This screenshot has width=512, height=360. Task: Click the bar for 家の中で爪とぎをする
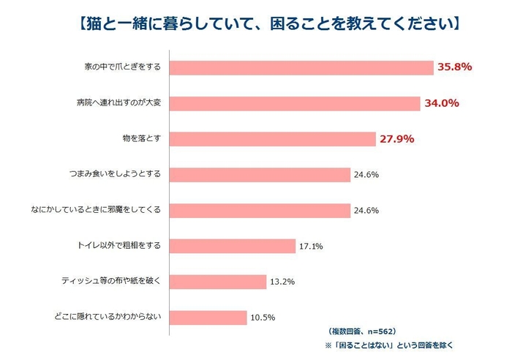coord(301,67)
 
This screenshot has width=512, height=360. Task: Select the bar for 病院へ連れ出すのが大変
coord(295,103)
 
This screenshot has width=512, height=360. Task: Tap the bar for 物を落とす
coord(272,139)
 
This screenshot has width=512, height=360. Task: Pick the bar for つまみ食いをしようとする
coord(260,175)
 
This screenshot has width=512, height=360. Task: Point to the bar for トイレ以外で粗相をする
coord(233,246)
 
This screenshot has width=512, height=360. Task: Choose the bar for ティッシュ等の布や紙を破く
coord(218,282)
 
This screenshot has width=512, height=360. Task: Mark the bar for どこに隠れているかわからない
coord(208,318)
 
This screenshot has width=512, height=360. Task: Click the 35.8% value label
coord(454,67)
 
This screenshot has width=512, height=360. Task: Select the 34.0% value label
coord(441,103)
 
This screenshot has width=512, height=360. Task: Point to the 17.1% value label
coord(310,247)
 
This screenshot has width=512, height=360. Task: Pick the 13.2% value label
coord(282,282)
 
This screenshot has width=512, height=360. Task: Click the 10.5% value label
coord(263,318)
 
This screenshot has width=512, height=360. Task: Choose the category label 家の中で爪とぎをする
coord(121,67)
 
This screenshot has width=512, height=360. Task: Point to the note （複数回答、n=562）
coord(361,331)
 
